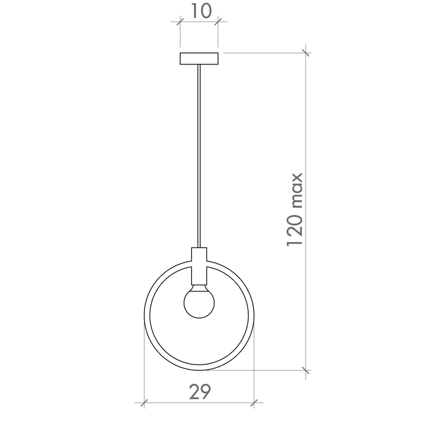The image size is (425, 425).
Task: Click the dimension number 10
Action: (x=201, y=11)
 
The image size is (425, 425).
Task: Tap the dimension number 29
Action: (x=200, y=392)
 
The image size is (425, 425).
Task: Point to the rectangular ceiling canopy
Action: (x=199, y=59)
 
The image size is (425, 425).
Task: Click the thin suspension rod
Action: (x=199, y=156)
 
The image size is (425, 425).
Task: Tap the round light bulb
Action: (x=199, y=301)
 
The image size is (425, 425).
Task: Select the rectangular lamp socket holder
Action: (x=199, y=266)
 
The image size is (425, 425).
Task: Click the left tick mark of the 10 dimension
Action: (x=180, y=22)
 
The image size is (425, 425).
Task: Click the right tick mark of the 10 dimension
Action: (x=218, y=22)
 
